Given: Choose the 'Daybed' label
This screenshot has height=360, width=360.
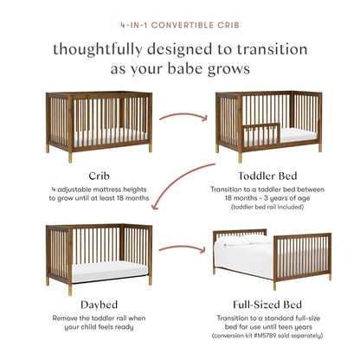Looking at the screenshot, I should [87, 305].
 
